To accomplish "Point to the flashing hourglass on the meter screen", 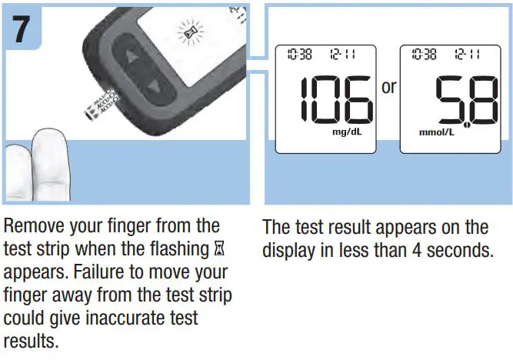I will point(187,32).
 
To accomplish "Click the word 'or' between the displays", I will point(389,87).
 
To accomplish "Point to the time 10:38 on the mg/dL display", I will point(298,55).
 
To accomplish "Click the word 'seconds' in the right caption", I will point(458,250).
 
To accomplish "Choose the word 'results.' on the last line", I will point(31,341).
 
